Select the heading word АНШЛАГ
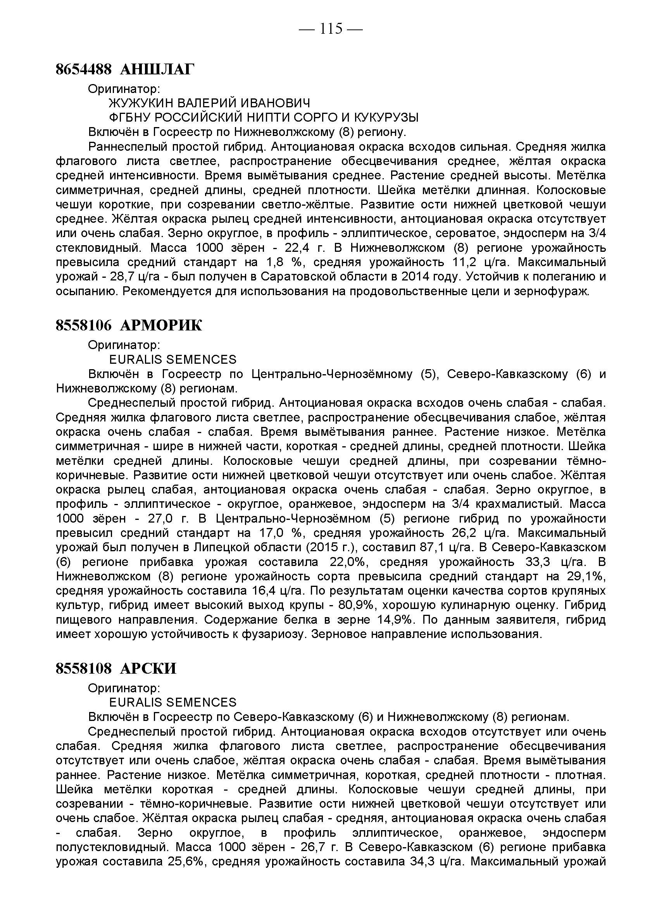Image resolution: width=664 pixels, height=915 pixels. [x=157, y=70]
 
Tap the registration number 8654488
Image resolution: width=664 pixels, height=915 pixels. [x=83, y=70]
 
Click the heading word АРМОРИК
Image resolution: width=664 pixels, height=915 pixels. [x=161, y=325]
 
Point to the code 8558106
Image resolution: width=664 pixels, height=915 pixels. [x=83, y=325]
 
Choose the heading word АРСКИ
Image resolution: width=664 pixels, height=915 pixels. [x=148, y=669]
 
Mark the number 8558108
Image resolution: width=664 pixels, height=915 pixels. [x=83, y=669]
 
